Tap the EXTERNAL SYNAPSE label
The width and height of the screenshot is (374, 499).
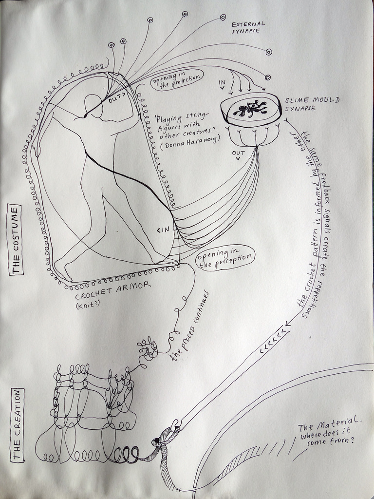[248, 27]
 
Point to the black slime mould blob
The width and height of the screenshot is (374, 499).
[250, 109]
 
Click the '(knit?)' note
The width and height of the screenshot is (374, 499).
[88, 306]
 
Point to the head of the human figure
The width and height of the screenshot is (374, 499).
[93, 106]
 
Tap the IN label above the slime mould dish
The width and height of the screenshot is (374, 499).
[222, 84]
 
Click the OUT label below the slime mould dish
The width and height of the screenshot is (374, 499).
[238, 154]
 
